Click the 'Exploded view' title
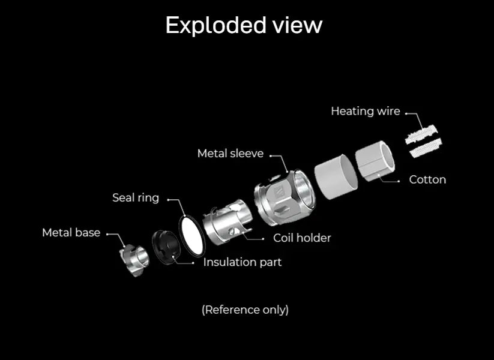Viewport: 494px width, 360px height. point(244,25)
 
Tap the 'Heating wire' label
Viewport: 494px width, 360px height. point(365,111)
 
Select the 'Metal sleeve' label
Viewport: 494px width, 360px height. point(230,154)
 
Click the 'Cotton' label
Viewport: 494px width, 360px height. point(427,179)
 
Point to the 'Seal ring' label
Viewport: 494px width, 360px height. point(136,197)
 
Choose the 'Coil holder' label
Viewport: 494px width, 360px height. point(302,238)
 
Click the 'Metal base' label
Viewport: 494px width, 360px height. point(71,232)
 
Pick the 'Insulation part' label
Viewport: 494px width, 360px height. point(242,262)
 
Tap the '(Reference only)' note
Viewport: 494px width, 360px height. point(245,310)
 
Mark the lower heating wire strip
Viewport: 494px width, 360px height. point(426,147)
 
